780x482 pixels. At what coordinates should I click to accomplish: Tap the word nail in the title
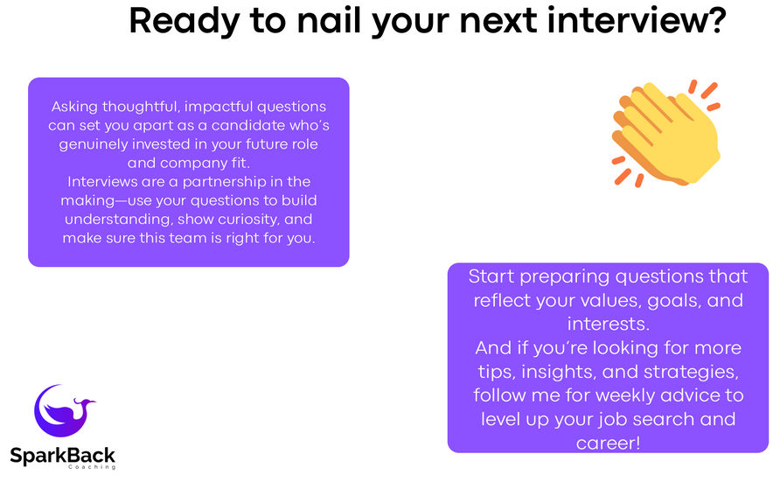(329, 21)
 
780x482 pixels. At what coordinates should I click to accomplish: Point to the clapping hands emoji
(666, 133)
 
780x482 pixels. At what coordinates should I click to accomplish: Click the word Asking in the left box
(74, 107)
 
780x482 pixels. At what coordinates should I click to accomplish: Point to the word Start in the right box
(491, 276)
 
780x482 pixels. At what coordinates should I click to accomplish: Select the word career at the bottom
(604, 444)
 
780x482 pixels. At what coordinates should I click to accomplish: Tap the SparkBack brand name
(63, 455)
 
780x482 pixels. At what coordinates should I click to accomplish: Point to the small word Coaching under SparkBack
(92, 467)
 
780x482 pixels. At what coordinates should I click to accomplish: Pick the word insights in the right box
(558, 372)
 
